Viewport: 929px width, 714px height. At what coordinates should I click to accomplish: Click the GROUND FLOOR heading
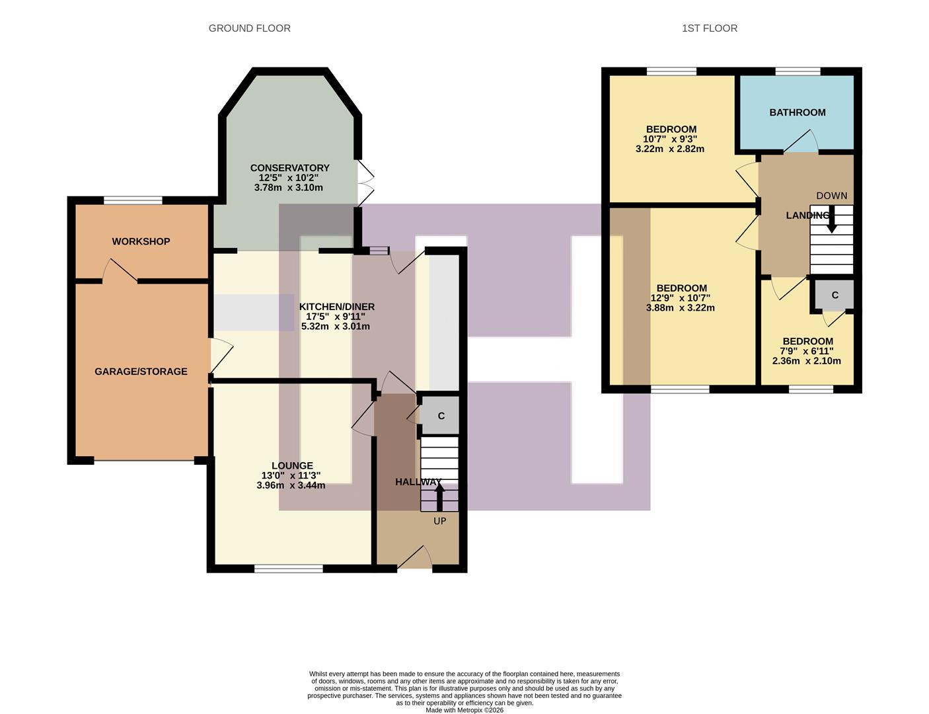pyautogui.click(x=249, y=28)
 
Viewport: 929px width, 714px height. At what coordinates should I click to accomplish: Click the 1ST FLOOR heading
pyautogui.click(x=709, y=28)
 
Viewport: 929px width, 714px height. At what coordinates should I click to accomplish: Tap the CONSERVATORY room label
pyautogui.click(x=289, y=168)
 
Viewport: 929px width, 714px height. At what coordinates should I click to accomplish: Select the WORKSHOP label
pyautogui.click(x=141, y=241)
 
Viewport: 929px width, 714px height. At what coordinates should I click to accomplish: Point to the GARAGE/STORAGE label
pyautogui.click(x=141, y=372)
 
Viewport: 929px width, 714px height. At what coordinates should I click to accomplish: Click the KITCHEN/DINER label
pyautogui.click(x=336, y=307)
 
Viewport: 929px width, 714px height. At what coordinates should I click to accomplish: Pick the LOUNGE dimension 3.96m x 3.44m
pyautogui.click(x=291, y=485)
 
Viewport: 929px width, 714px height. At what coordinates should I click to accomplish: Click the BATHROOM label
pyautogui.click(x=797, y=112)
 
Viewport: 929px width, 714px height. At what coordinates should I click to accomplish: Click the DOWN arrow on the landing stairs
pyautogui.click(x=831, y=219)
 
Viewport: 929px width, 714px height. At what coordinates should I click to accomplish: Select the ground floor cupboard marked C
pyautogui.click(x=441, y=416)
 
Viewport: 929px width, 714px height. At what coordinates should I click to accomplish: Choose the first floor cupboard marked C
pyautogui.click(x=835, y=295)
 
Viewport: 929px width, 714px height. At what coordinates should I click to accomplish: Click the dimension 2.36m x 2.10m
pyautogui.click(x=806, y=361)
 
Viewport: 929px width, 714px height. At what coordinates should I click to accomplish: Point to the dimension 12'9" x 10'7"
pyautogui.click(x=681, y=298)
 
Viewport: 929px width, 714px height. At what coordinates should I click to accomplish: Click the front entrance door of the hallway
pyautogui.click(x=414, y=559)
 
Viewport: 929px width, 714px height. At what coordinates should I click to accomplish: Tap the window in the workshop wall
pyautogui.click(x=133, y=200)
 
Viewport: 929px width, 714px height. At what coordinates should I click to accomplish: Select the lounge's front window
pyautogui.click(x=289, y=568)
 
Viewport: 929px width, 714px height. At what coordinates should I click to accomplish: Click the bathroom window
pyautogui.click(x=798, y=71)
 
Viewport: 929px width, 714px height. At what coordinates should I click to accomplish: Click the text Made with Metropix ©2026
pyautogui.click(x=464, y=710)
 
